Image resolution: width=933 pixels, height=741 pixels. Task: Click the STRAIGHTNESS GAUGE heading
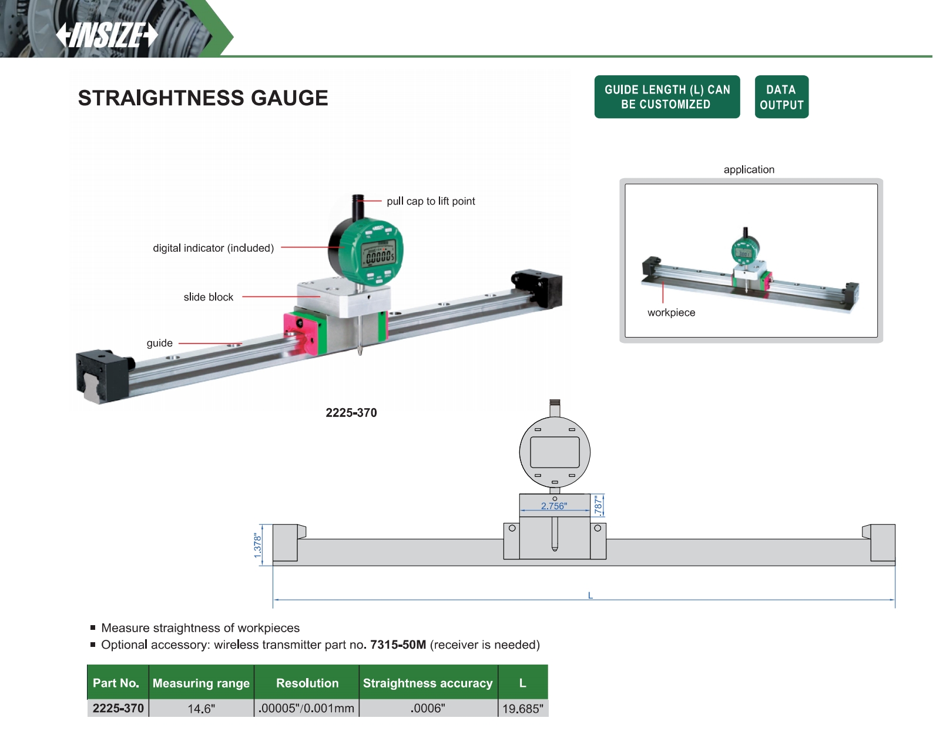(x=203, y=98)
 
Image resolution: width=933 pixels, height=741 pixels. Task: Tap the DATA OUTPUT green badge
(x=781, y=97)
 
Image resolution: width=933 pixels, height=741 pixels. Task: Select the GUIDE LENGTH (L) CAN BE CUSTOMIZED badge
(x=667, y=97)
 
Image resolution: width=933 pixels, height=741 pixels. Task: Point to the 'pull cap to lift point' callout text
(x=431, y=201)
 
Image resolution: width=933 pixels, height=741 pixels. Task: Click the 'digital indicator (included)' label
(x=213, y=248)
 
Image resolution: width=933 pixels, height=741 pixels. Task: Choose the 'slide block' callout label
(x=208, y=297)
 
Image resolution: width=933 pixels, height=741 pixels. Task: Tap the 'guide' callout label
(x=159, y=343)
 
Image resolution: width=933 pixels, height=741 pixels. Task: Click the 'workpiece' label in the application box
(x=671, y=313)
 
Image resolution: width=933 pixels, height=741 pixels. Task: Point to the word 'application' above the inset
(x=749, y=169)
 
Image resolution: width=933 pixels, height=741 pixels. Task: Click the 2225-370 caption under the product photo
(x=351, y=413)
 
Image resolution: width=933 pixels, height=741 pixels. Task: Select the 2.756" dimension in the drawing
(x=554, y=506)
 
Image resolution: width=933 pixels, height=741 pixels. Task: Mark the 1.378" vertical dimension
(x=257, y=546)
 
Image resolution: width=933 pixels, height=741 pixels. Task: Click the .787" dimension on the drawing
(x=598, y=505)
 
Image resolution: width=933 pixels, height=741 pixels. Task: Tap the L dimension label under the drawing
(x=590, y=595)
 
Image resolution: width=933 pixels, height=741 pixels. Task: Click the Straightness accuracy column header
(x=428, y=683)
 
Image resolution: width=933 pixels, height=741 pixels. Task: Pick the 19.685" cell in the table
(x=522, y=709)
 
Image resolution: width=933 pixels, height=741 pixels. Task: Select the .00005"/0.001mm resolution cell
(x=307, y=708)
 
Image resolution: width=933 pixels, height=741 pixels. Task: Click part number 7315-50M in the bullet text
(x=398, y=645)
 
